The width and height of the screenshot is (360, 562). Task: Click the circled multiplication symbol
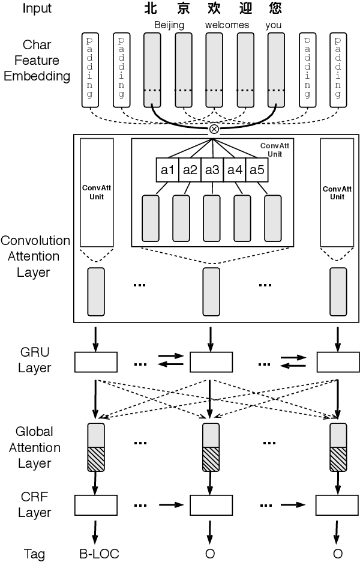click(214, 128)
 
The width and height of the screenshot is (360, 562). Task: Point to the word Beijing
click(169, 25)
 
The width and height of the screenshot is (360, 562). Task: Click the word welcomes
click(227, 25)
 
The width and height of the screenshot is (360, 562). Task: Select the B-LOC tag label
click(99, 554)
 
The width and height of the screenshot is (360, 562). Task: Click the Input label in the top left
click(37, 8)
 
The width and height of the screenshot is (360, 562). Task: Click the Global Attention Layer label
click(38, 447)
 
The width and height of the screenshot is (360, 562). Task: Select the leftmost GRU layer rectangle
click(96, 362)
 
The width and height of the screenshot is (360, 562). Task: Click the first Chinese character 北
click(152, 8)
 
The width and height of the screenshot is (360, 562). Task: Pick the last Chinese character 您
click(275, 8)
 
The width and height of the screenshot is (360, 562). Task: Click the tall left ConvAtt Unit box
click(96, 192)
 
